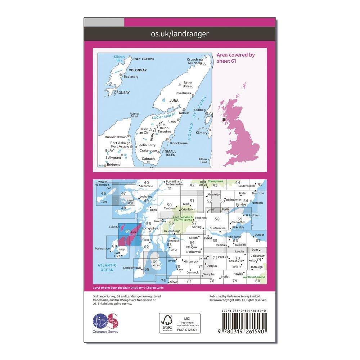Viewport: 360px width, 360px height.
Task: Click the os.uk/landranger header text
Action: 180,34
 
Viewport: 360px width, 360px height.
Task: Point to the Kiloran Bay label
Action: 109,59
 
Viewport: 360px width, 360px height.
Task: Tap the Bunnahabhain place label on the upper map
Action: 115,137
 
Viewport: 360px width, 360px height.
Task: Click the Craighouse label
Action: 148,150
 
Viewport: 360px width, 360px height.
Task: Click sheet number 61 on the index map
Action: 127,231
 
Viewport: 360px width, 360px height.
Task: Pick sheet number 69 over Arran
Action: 155,262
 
